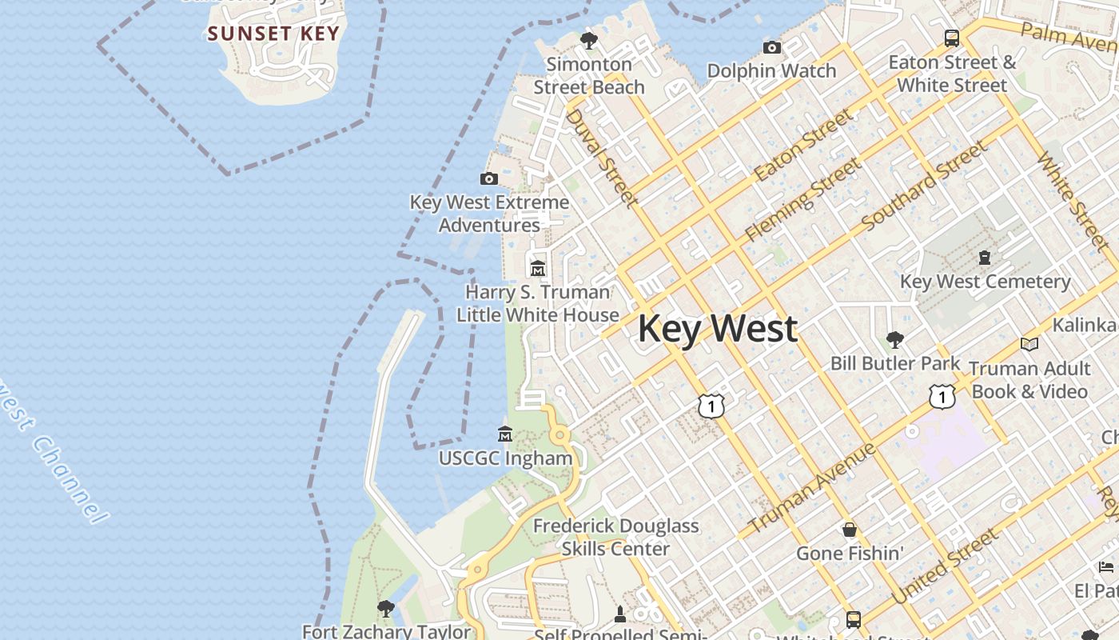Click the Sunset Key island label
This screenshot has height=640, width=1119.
point(273,34)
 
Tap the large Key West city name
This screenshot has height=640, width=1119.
point(717,329)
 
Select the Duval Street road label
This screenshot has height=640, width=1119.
point(602,158)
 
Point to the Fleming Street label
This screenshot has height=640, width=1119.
point(802,200)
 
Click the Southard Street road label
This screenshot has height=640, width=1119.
point(925,186)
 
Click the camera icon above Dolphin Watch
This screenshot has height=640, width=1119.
point(771,47)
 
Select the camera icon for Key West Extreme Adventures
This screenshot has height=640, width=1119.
point(489,178)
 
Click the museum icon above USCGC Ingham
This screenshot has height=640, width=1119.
point(505,434)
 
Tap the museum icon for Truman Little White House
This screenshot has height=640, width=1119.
point(538,269)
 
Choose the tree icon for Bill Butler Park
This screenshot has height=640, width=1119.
point(895,340)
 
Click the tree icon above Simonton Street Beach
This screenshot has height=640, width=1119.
point(589,40)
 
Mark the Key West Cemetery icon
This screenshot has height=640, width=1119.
point(985,258)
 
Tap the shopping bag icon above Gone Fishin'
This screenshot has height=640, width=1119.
point(850,530)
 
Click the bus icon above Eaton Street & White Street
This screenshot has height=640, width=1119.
point(952,38)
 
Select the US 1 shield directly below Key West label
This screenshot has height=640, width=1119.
point(711,406)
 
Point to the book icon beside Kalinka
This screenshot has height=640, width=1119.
point(1029,344)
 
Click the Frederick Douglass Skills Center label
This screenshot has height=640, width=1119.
point(615,538)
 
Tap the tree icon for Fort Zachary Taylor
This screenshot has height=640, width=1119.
point(386,608)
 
